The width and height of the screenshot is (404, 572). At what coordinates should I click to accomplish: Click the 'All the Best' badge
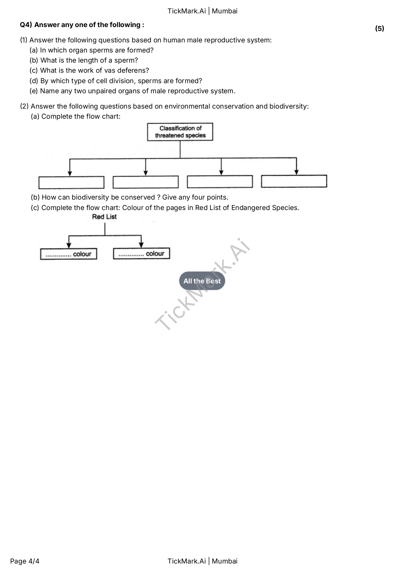point(202,281)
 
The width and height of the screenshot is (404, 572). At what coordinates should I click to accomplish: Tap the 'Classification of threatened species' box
point(180,132)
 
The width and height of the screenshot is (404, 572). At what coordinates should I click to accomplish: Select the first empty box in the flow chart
point(71,183)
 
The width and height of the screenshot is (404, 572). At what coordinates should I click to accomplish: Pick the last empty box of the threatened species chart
point(294,181)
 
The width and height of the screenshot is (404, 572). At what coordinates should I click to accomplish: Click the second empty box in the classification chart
point(146,182)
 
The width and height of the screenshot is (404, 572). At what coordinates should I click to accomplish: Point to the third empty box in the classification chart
point(220,182)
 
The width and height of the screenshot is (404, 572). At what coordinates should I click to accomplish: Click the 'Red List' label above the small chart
point(104,217)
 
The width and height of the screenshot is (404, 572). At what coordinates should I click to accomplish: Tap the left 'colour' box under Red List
point(68,254)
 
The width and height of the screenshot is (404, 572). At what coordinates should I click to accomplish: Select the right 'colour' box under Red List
point(141,254)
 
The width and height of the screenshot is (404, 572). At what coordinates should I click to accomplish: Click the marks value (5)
point(380,29)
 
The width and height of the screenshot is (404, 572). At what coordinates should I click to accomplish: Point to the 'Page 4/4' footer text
point(25,561)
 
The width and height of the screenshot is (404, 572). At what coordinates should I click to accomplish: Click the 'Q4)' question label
point(26,25)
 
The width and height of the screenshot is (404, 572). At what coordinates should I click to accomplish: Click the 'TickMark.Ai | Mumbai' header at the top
point(202,11)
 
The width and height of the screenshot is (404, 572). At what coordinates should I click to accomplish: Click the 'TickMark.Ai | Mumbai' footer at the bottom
point(202,561)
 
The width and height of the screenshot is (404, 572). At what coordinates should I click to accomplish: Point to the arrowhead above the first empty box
point(70,173)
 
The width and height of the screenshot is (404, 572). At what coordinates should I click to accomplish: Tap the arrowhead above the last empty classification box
point(296,172)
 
